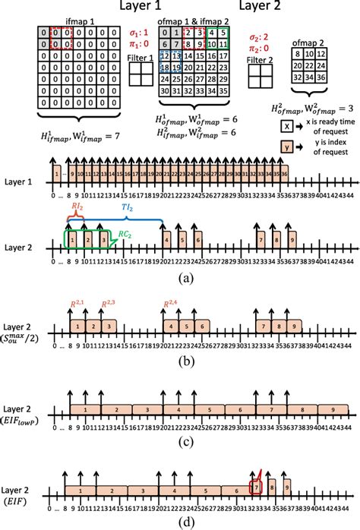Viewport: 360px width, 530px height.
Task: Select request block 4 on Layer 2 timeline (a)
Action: [166, 240]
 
